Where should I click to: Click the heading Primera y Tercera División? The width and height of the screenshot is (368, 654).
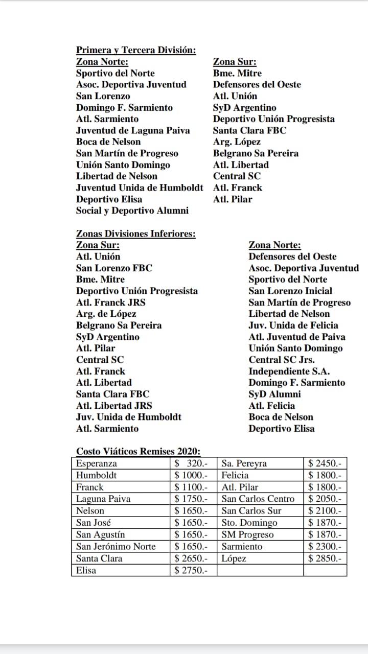136,50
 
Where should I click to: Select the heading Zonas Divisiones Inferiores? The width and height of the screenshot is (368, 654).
135,234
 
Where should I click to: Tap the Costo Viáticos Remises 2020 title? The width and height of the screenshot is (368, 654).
138,451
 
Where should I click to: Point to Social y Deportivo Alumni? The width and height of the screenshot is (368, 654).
132,211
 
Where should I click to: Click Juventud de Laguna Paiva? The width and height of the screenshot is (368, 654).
133,130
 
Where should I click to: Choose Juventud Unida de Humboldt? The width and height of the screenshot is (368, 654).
140,188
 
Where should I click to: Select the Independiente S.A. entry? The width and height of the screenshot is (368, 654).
289,371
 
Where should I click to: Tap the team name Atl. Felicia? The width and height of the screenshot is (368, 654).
271,406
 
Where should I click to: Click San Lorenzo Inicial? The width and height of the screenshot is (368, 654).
290,291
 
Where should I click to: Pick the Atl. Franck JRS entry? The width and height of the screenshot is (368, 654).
111,302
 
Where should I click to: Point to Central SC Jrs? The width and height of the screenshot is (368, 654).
282,360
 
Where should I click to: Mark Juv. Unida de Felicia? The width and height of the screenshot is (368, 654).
293,325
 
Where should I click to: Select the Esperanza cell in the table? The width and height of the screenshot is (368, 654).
97,464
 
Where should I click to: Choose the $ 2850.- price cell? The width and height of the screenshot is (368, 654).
325,558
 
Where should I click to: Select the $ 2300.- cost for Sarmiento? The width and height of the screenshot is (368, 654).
325,547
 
